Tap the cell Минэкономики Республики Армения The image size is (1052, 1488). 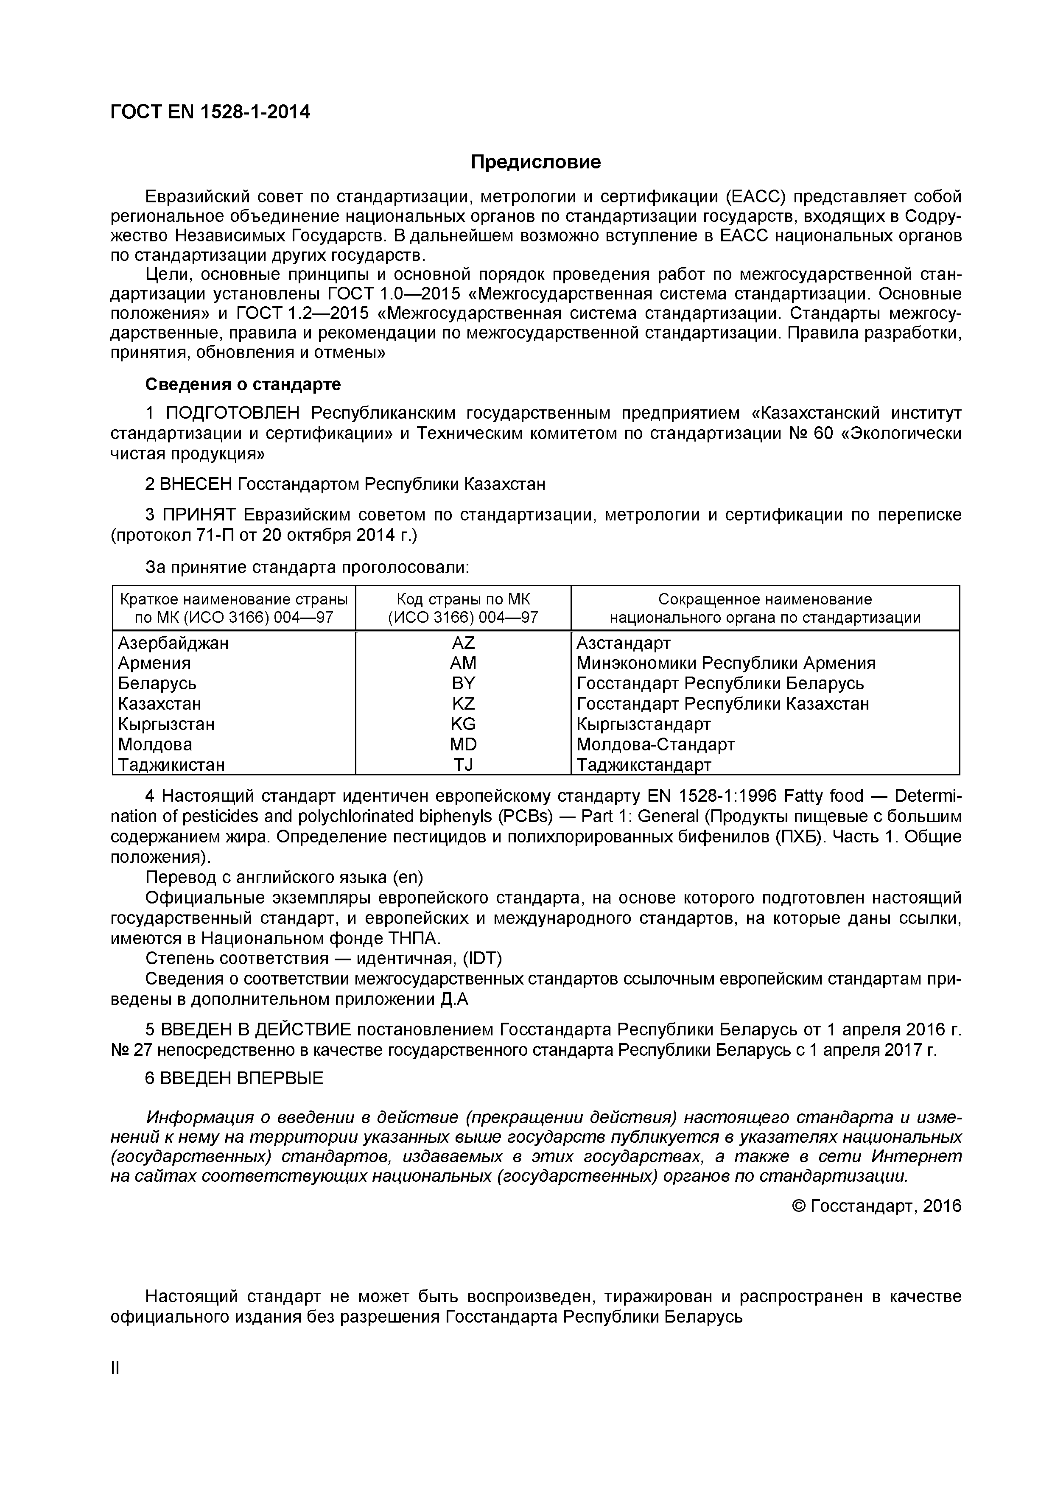(726, 663)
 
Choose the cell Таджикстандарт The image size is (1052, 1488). (644, 765)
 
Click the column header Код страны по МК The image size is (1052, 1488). (463, 599)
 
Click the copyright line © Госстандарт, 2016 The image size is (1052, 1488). (877, 1206)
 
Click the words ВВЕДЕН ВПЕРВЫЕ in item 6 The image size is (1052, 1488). (241, 1078)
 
